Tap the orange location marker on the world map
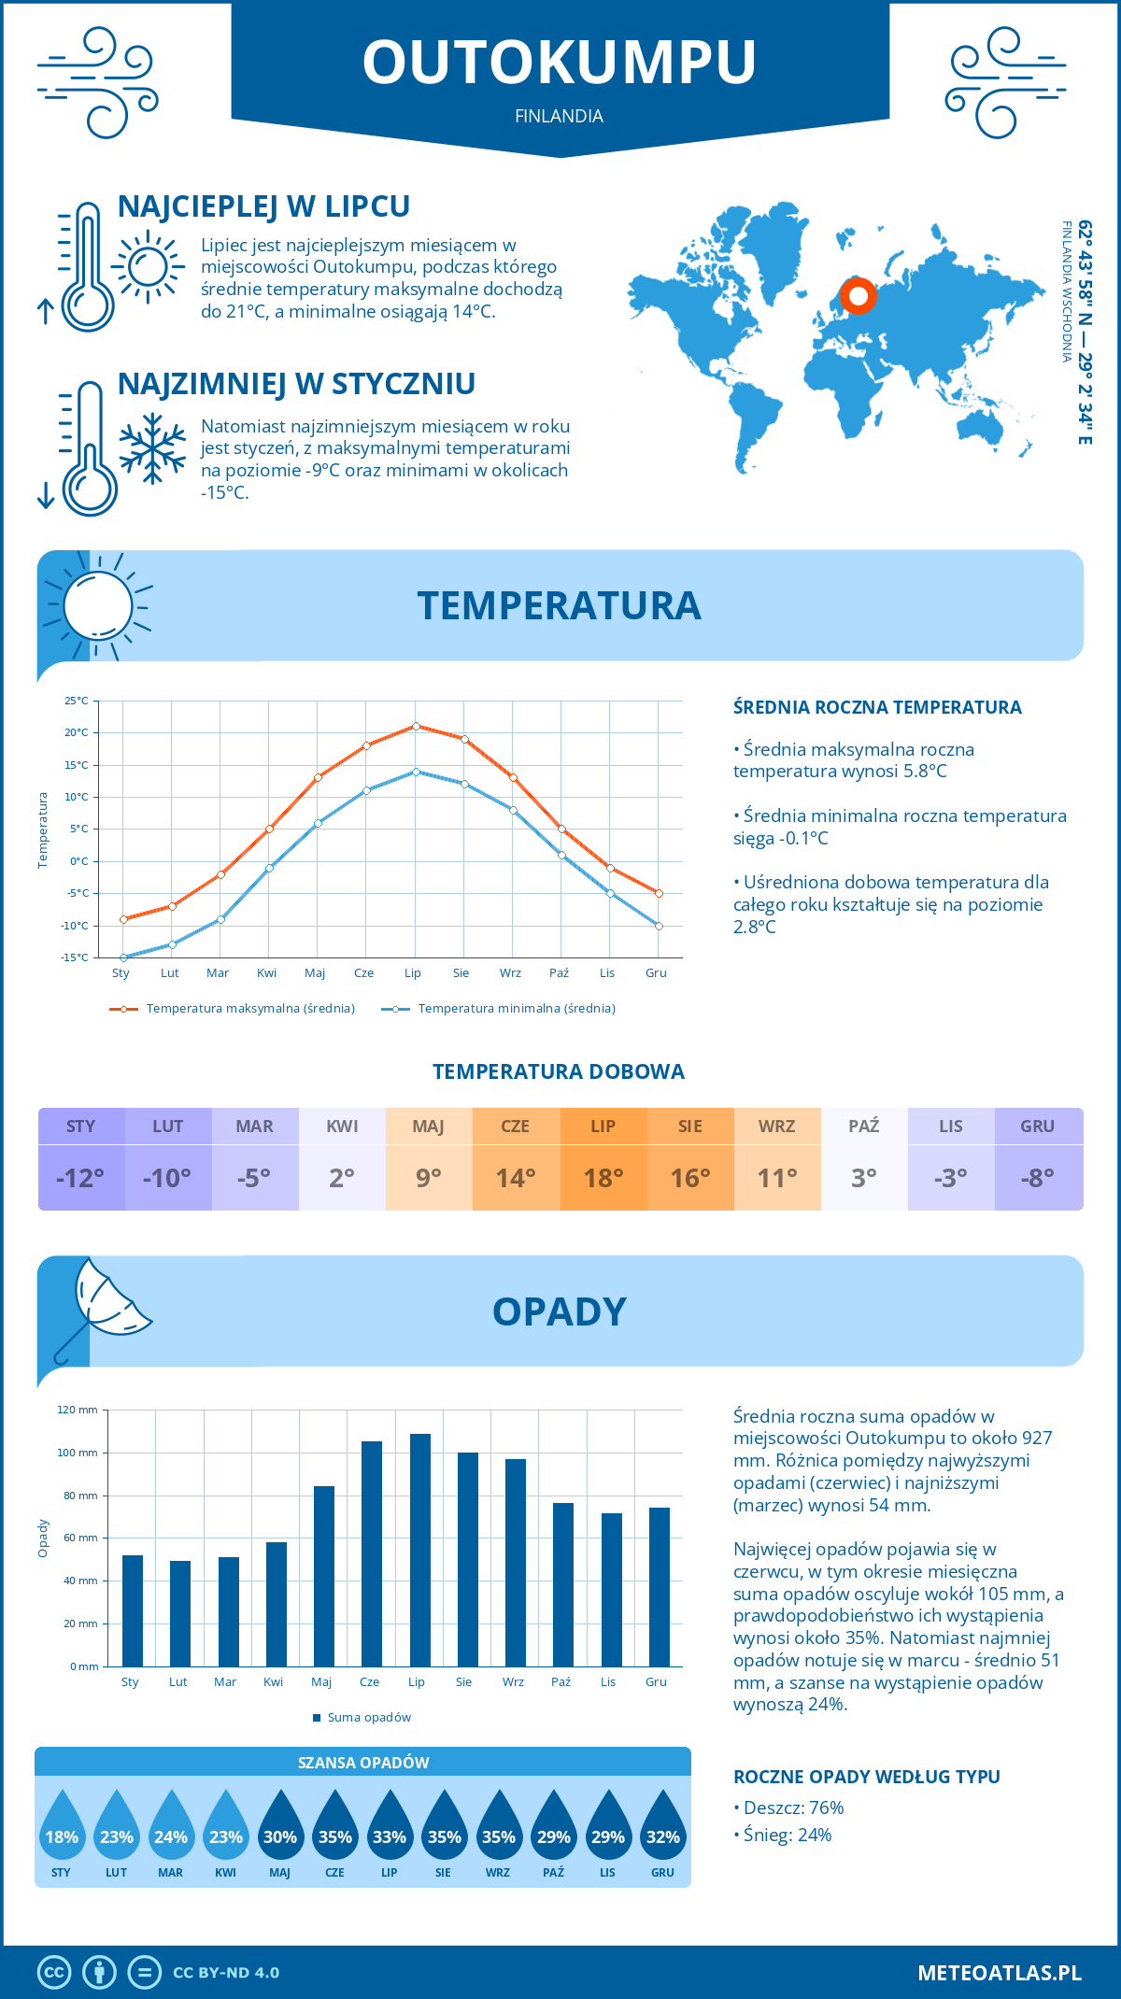858,297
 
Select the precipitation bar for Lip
420,1550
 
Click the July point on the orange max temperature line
416,726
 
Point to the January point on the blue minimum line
123,957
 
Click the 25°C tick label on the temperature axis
77,701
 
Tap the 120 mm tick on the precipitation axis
78,1410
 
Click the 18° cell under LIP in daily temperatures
603,1178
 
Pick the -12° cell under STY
81,1178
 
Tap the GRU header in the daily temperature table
1038,1127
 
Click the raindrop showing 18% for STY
62,1829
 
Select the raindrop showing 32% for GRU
663,1829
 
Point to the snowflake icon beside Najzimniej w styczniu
152,448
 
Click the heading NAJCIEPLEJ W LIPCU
263,206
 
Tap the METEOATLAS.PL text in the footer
1000,1973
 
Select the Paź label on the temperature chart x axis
559,973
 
